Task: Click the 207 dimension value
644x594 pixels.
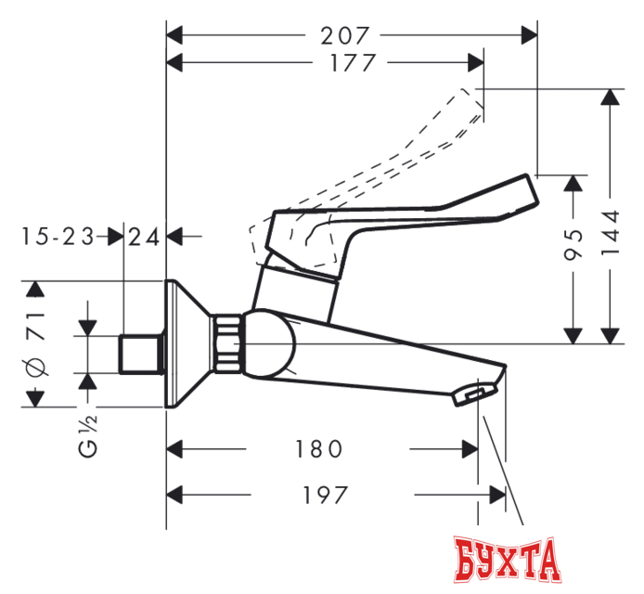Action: [345, 36]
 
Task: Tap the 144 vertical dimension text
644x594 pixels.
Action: [610, 244]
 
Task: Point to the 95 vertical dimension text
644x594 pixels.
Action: [576, 245]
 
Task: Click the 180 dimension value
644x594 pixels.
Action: [317, 449]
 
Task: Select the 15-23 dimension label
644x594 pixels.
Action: [58, 237]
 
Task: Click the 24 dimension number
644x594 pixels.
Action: [144, 237]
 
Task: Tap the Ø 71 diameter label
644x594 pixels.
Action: [36, 344]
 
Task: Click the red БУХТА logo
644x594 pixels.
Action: [509, 560]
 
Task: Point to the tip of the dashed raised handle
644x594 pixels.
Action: [477, 100]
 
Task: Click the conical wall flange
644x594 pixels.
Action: [190, 343]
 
